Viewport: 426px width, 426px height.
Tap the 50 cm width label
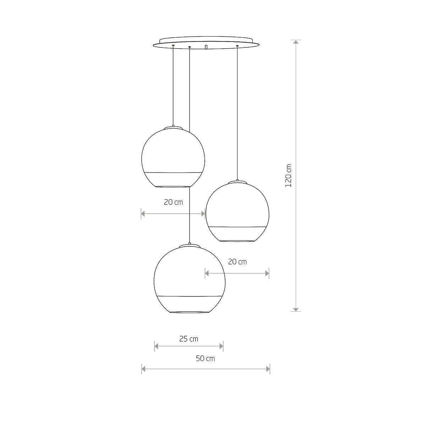(x=205, y=359)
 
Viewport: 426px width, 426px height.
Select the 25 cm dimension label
(x=189, y=339)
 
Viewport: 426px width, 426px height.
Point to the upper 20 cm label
(x=173, y=202)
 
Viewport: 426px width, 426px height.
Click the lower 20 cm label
(x=237, y=262)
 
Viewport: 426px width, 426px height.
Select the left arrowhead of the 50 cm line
(x=144, y=369)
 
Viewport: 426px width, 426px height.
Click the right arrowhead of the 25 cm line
(x=221, y=346)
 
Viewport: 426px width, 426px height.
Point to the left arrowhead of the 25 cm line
(x=157, y=346)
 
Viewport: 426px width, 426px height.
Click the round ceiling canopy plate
(x=206, y=43)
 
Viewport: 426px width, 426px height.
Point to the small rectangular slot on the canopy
(x=206, y=47)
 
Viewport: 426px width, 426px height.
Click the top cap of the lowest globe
(x=190, y=245)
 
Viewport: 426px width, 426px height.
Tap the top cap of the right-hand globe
(x=237, y=181)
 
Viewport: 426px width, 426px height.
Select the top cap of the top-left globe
(x=173, y=127)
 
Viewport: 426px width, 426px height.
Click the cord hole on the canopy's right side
(x=237, y=46)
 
